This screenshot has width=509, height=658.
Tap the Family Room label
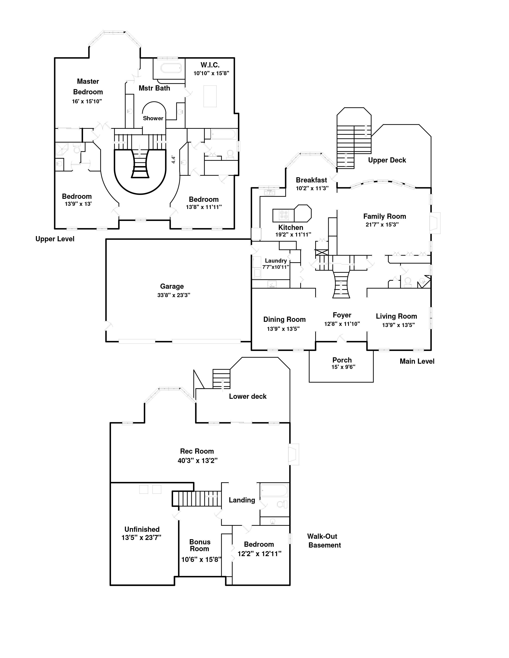click(384, 216)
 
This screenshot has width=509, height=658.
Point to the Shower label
click(153, 118)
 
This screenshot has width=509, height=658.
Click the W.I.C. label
click(210, 65)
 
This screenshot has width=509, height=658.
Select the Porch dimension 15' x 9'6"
click(343, 367)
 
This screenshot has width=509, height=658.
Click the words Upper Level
click(55, 239)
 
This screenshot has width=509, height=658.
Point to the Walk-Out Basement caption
click(324, 541)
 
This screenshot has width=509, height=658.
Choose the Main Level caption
click(417, 361)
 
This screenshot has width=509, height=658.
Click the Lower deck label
click(248, 396)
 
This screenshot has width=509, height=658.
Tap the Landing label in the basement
click(242, 500)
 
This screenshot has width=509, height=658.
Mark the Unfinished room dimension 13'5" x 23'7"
click(142, 538)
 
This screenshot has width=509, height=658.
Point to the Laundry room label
click(276, 261)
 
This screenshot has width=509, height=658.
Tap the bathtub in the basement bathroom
click(274, 490)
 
